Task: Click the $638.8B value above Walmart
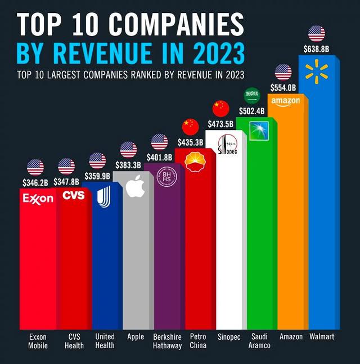317,49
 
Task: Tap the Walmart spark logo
317,70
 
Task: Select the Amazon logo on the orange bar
286,101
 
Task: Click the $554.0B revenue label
283,88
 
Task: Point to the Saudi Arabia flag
251,96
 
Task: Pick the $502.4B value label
252,110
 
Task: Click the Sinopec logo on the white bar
227,145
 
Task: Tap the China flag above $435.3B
191,127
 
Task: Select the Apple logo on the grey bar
135,186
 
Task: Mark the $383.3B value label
129,165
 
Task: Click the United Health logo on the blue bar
104,196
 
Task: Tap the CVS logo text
73,196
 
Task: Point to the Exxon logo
38,198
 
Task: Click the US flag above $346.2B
35,167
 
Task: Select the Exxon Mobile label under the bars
38,341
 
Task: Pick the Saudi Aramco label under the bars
259,341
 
